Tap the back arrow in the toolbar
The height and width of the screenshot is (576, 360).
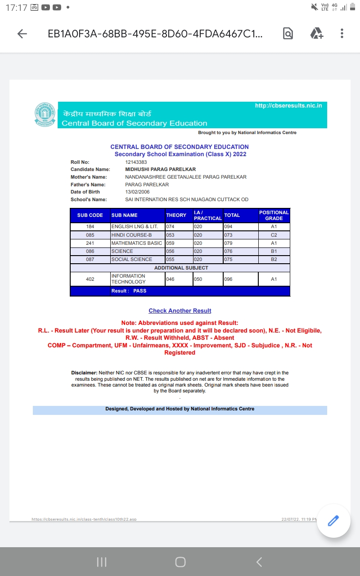click(x=22, y=34)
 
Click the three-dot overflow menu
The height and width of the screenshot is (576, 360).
click(x=342, y=33)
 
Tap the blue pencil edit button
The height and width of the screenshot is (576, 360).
click(x=333, y=521)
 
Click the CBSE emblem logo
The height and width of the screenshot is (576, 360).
click(x=45, y=114)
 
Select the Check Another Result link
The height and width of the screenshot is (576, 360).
click(x=180, y=311)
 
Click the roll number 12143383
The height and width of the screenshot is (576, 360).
click(x=136, y=162)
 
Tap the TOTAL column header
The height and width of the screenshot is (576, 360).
click(x=232, y=216)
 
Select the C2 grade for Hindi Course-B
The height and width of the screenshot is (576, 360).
click(x=274, y=235)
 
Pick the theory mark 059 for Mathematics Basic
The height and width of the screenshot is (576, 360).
click(x=170, y=243)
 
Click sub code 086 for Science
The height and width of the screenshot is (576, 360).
click(x=90, y=251)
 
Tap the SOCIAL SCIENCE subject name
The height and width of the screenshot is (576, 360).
click(x=132, y=259)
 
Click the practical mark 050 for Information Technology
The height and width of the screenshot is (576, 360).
click(x=198, y=279)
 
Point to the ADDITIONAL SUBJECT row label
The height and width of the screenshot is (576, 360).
click(x=181, y=268)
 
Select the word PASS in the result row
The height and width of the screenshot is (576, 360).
click(x=140, y=291)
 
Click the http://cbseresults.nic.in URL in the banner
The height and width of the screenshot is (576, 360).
click(x=288, y=106)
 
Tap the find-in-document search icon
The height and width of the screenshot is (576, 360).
click(x=288, y=33)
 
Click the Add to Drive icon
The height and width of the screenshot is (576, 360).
click(x=317, y=33)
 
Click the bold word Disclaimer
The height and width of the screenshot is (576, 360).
click(x=84, y=373)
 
